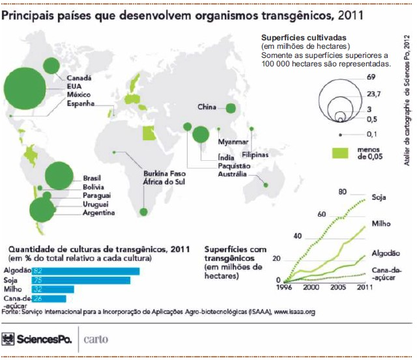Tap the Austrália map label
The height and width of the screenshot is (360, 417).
(232, 174)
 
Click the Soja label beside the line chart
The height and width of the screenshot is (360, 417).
(379, 197)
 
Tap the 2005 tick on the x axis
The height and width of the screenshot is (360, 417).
(338, 286)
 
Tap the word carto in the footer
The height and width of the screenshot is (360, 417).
(98, 339)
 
